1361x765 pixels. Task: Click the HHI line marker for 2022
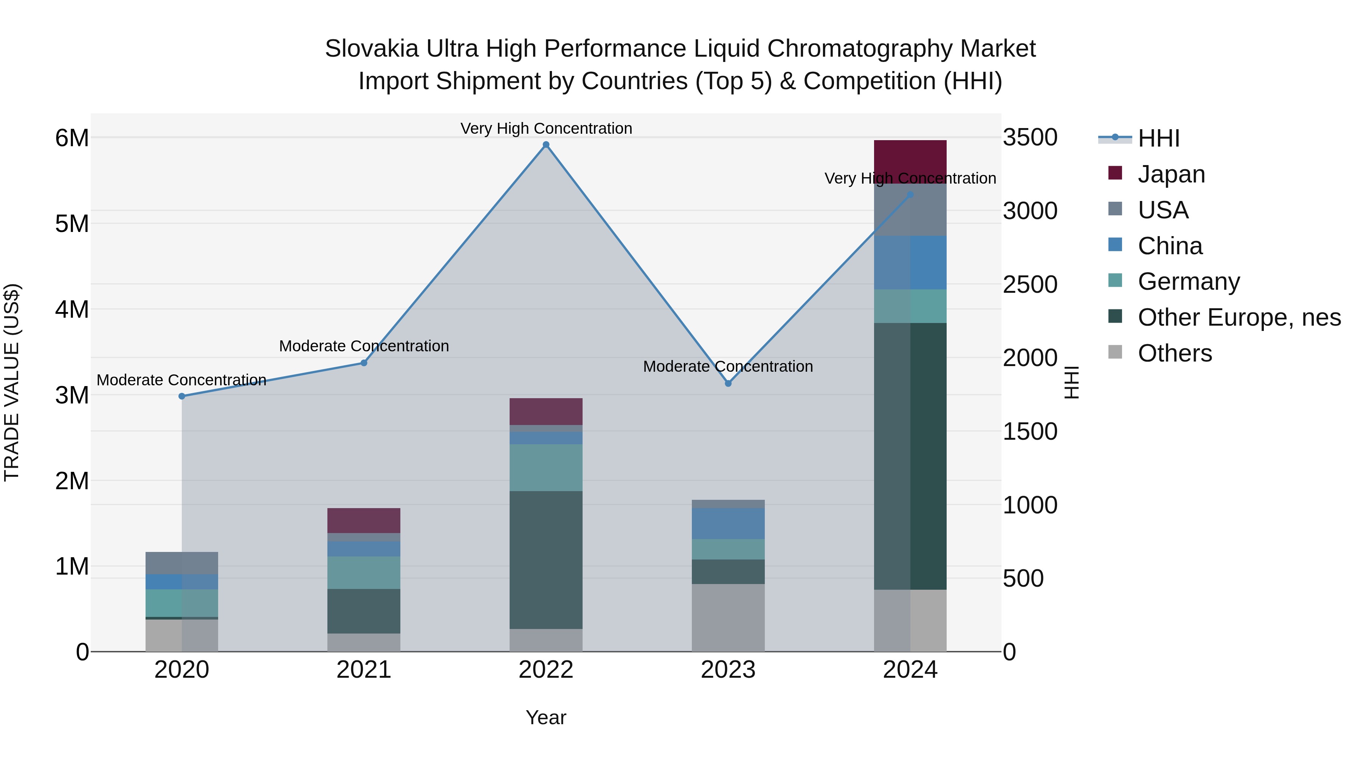(x=546, y=145)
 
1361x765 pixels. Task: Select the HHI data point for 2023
(x=728, y=383)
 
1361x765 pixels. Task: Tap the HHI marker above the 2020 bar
(x=182, y=396)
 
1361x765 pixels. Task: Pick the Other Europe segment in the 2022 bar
(x=546, y=559)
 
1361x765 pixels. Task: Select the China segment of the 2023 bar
(x=728, y=523)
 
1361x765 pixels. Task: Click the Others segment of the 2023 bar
(x=728, y=617)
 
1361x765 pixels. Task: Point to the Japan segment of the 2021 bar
(x=363, y=520)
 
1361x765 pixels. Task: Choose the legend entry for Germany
(x=1189, y=281)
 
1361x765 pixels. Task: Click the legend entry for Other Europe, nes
(x=1239, y=317)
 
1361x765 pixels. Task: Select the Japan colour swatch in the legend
(x=1115, y=173)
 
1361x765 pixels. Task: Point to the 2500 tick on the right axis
(x=1030, y=284)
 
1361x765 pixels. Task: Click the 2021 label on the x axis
(x=363, y=670)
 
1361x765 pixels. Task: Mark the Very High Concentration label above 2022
(x=546, y=128)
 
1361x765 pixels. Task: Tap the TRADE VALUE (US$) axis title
(x=12, y=382)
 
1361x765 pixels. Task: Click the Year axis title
(x=546, y=717)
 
